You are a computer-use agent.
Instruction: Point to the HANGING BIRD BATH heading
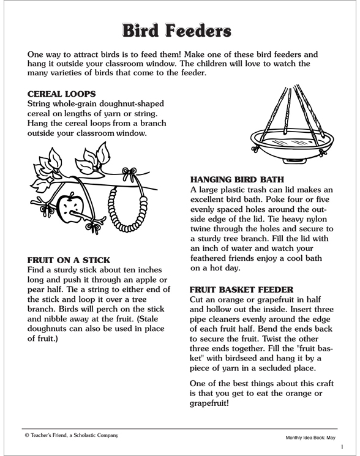237,181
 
